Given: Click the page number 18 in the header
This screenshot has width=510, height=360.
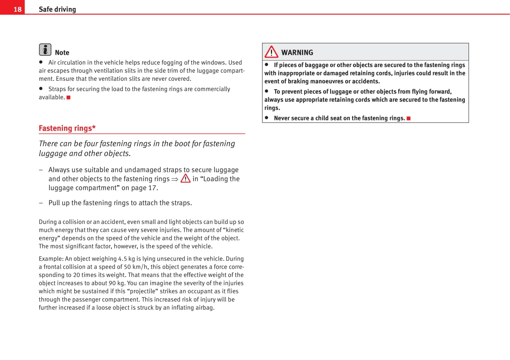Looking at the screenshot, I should (x=18, y=9).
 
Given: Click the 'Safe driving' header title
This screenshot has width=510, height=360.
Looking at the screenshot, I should (x=57, y=9).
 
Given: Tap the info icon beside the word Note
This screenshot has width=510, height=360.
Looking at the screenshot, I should (x=45, y=50).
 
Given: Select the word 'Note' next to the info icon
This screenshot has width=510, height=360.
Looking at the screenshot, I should (x=62, y=53).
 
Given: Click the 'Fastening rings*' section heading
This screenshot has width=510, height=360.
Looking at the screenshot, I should (x=67, y=128).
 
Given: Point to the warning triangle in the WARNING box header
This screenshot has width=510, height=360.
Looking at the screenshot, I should (x=272, y=52).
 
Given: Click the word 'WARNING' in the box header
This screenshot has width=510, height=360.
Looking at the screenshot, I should (x=297, y=53).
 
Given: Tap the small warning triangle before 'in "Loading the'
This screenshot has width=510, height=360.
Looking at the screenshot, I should (x=185, y=178).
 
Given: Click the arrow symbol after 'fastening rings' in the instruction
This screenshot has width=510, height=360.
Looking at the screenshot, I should (x=175, y=179).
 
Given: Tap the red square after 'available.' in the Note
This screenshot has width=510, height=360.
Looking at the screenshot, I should (x=69, y=98).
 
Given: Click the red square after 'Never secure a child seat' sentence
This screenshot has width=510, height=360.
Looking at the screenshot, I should (x=408, y=118).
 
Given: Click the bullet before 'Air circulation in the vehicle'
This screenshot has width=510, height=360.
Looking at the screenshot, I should (x=41, y=62).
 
